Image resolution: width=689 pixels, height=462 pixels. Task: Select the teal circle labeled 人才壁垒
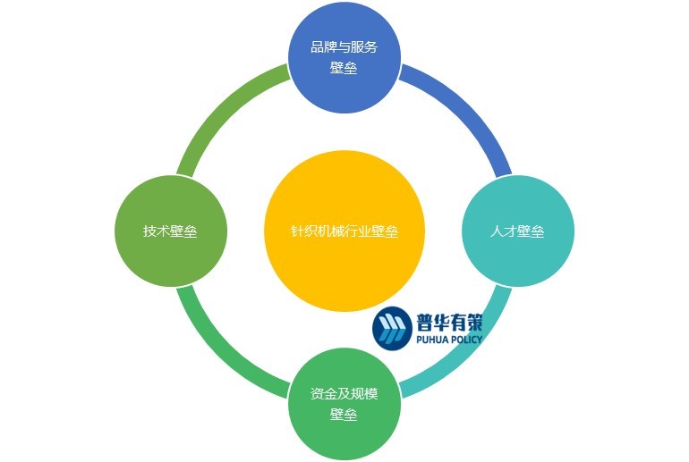[x=516, y=231]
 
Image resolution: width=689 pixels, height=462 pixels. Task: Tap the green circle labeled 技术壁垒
[x=170, y=231]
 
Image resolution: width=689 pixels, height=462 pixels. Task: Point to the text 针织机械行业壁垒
[x=344, y=231]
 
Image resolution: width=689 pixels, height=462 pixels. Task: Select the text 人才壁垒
[x=516, y=231]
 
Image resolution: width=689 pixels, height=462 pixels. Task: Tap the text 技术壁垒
[x=170, y=231]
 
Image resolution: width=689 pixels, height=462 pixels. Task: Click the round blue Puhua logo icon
[x=392, y=328]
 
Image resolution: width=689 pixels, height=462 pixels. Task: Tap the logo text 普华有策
[x=449, y=321]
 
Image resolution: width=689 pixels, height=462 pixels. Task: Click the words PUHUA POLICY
[x=449, y=340]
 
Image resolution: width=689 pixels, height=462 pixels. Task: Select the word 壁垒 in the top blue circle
[x=344, y=69]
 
